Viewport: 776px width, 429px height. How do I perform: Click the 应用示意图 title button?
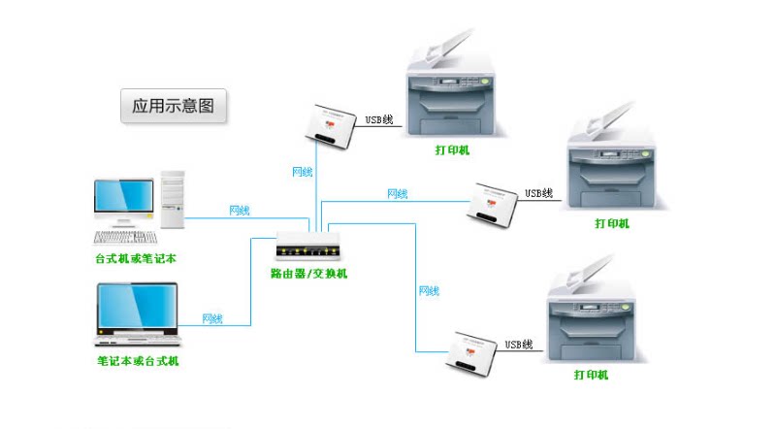pos(173,105)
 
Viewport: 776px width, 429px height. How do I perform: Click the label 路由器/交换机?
pos(308,274)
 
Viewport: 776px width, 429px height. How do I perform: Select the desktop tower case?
pos(173,199)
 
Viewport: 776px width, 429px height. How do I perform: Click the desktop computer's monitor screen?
pos(123,198)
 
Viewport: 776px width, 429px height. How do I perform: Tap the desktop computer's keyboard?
pos(125,236)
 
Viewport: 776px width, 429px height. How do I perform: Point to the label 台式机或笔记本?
pos(136,259)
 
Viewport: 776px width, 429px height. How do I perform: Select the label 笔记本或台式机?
pos(138,361)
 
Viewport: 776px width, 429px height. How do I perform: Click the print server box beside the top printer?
pos(328,124)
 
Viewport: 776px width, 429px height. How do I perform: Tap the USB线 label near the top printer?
pos(378,120)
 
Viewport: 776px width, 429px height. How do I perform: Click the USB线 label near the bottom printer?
pos(519,345)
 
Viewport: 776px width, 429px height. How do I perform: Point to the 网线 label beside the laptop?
pos(212,318)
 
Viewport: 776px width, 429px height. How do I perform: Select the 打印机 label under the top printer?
pos(452,150)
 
